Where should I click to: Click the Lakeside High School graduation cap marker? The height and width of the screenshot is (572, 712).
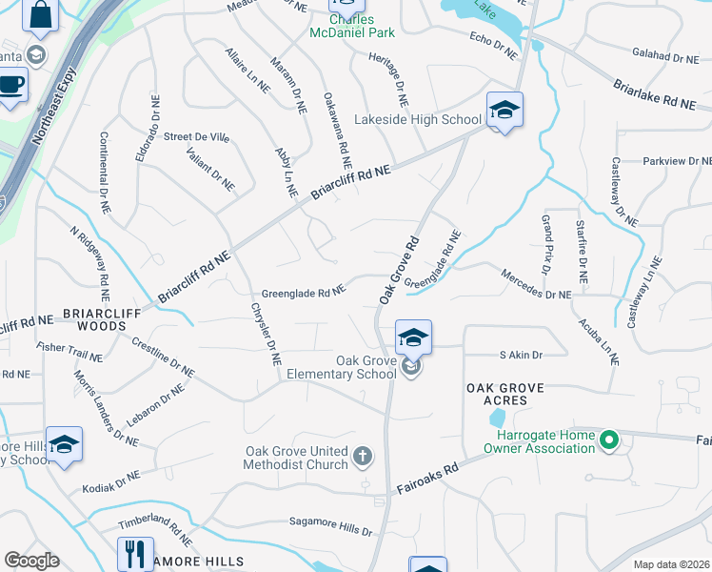pos(504,111)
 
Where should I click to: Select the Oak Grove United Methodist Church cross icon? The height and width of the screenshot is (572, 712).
pos(362,458)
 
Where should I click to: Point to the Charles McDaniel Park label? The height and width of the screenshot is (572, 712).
pos(352,26)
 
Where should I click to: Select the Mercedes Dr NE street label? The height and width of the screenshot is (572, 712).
pos(539,296)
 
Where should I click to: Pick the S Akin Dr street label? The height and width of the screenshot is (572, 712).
pos(521,355)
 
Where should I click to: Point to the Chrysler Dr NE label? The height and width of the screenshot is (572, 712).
pos(266,334)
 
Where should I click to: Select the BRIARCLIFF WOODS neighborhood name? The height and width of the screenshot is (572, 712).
pos(95,318)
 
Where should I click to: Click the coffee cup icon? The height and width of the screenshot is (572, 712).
pos(10,85)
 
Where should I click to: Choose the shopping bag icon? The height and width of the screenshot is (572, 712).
pos(41,13)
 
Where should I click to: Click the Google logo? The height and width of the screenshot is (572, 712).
pos(31,560)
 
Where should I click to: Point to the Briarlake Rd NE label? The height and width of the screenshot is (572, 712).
pos(654,93)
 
